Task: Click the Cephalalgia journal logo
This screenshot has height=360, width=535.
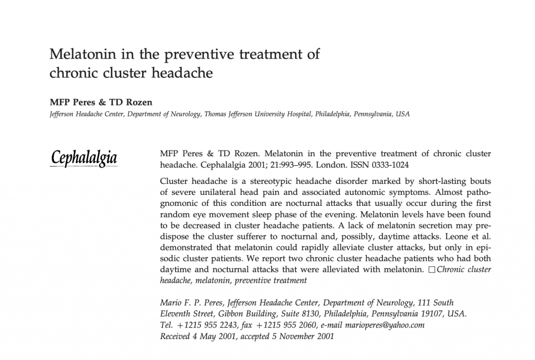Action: pyautogui.click(x=84, y=158)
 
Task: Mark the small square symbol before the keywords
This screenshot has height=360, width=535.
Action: pyautogui.click(x=431, y=270)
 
